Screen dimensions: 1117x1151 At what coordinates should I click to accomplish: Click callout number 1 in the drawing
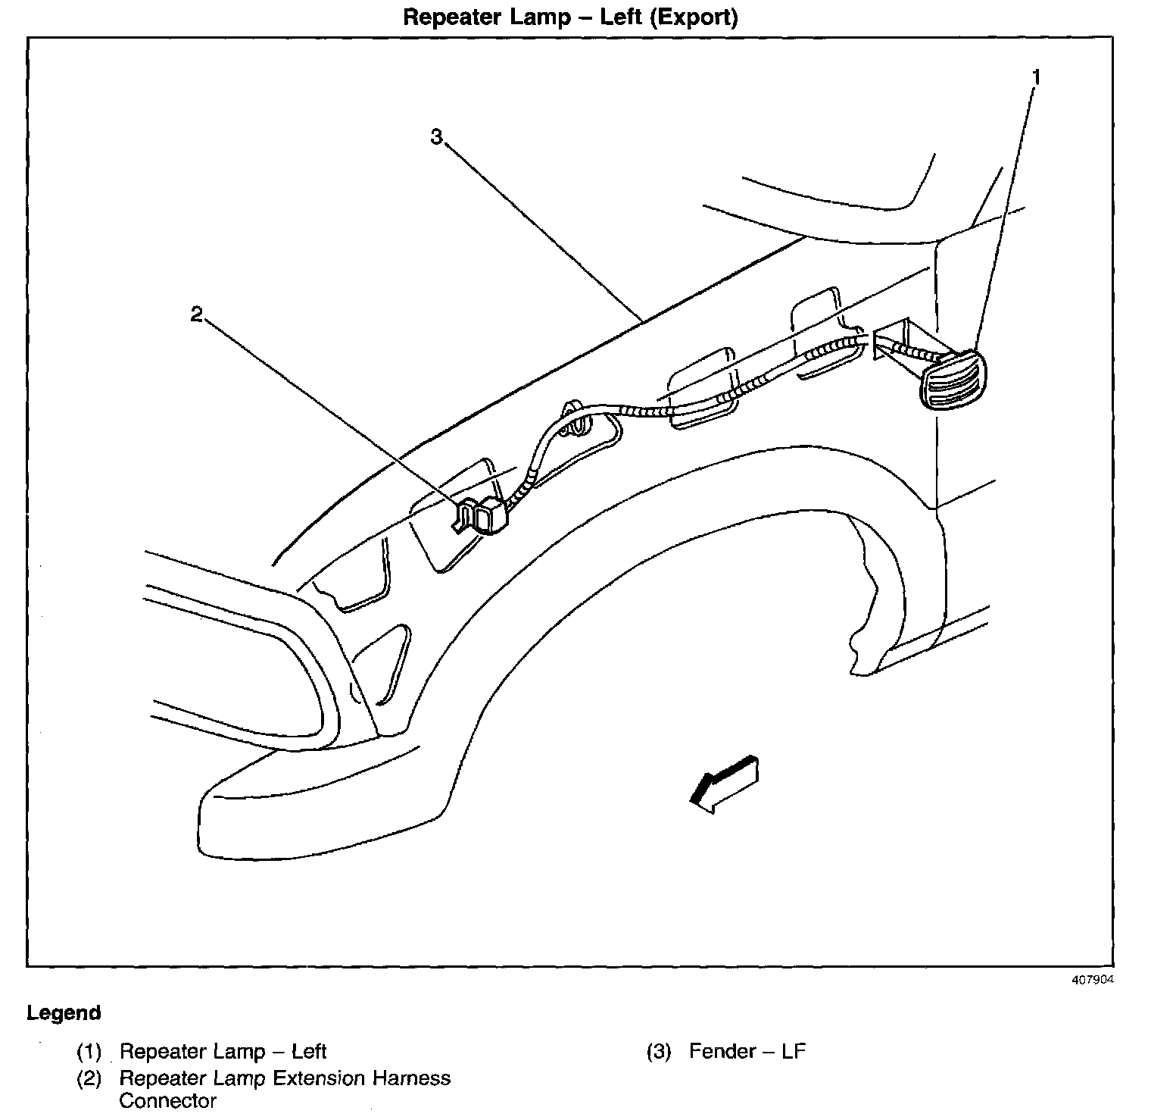[x=1037, y=77]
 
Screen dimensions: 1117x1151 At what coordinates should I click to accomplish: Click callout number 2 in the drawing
[x=197, y=314]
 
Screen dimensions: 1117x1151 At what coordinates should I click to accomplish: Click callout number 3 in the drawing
[x=436, y=137]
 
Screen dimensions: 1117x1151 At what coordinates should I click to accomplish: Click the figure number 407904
[x=1093, y=979]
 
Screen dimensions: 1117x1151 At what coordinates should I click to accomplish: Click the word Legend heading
[x=64, y=1012]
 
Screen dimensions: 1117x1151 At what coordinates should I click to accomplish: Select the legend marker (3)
[x=659, y=1052]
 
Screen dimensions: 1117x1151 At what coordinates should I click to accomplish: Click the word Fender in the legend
[x=722, y=1052]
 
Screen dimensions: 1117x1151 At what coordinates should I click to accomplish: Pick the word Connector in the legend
[x=167, y=1101]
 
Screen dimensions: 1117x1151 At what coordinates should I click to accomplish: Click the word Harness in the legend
[x=413, y=1078]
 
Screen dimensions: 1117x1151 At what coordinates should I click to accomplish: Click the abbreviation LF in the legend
[x=794, y=1052]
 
